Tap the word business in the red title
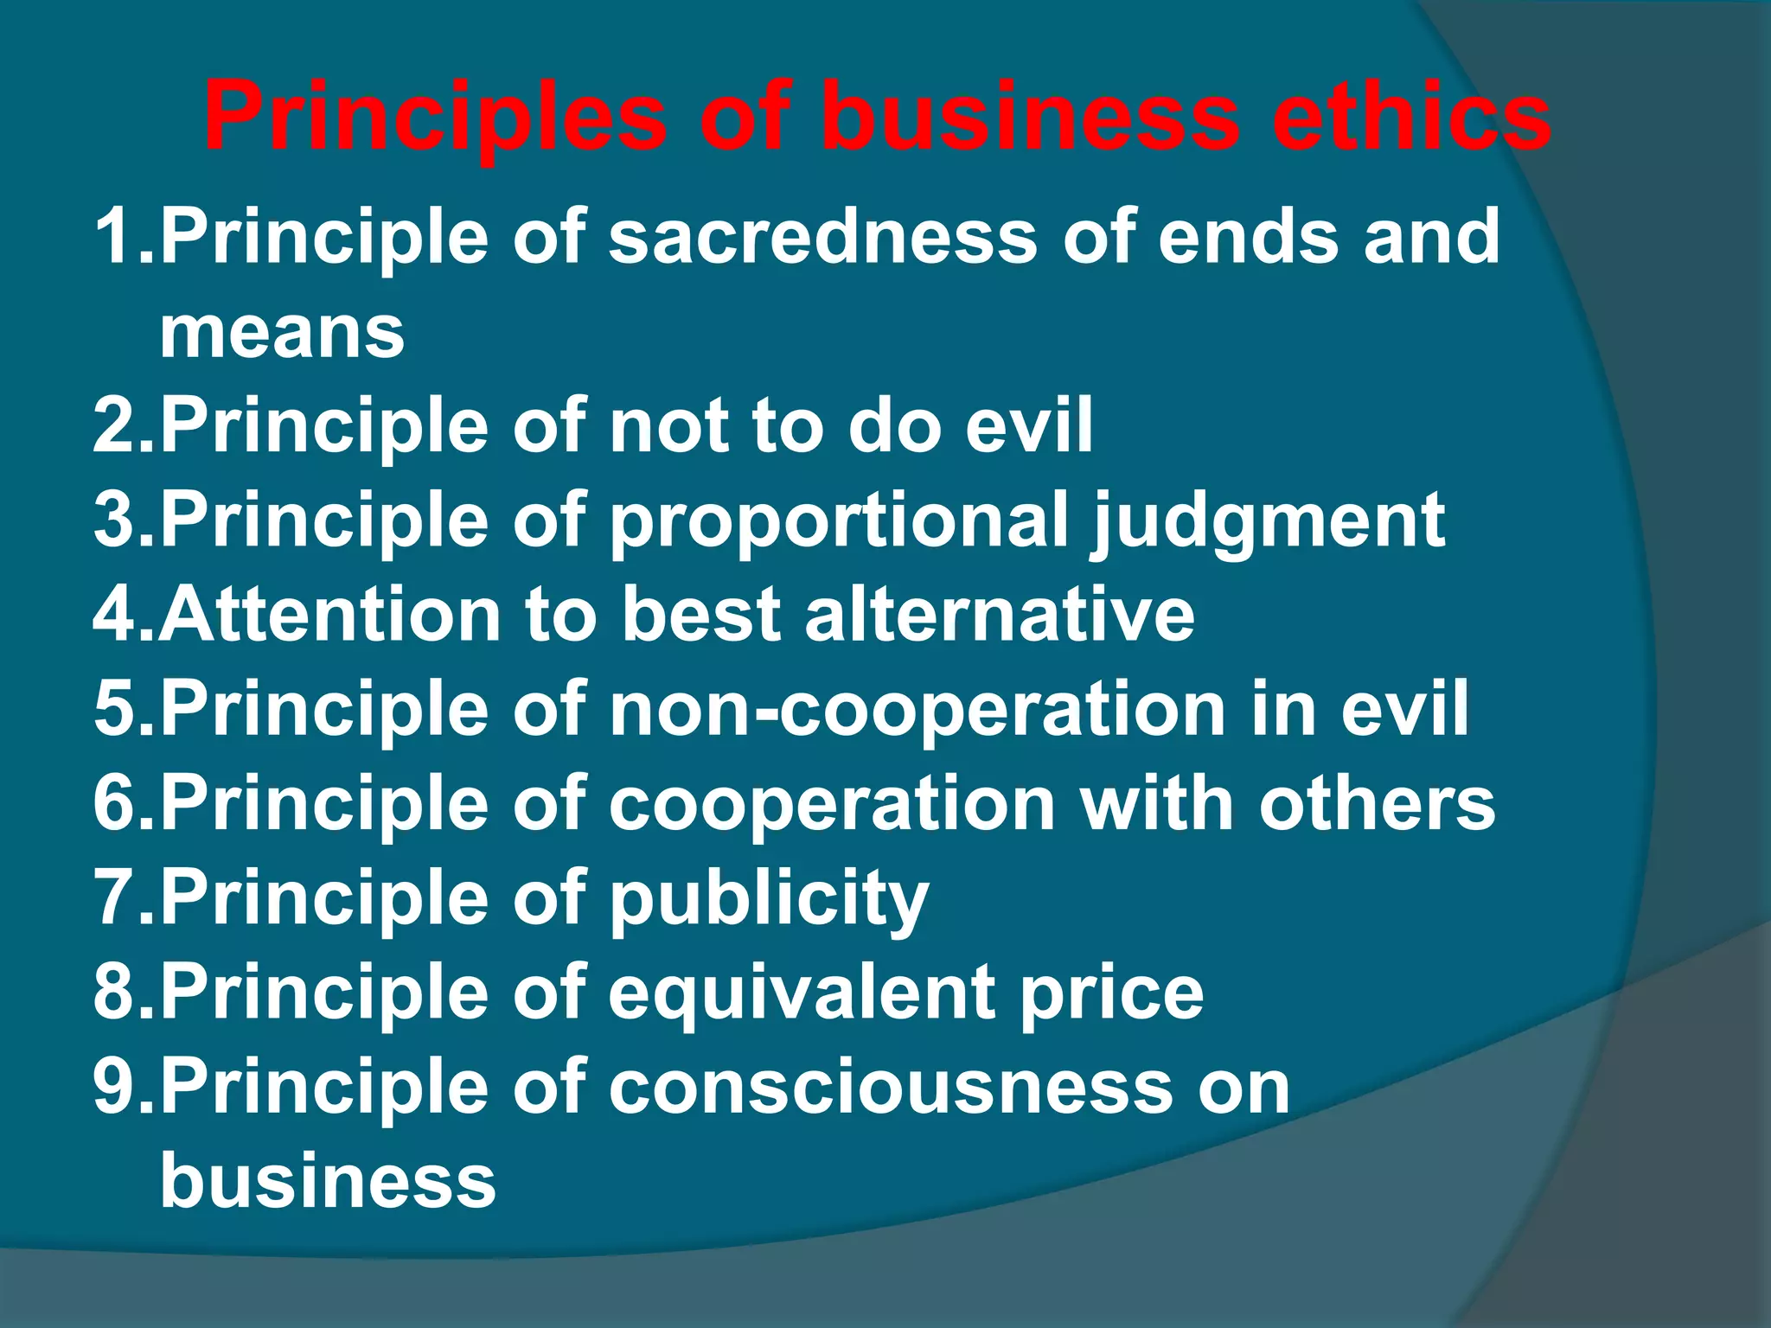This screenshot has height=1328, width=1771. pyautogui.click(x=1029, y=117)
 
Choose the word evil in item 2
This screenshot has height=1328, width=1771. pyautogui.click(x=1029, y=425)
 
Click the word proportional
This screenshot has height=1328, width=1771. pyautogui.click(x=839, y=520)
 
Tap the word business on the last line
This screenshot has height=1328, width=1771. pyautogui.click(x=328, y=1181)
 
